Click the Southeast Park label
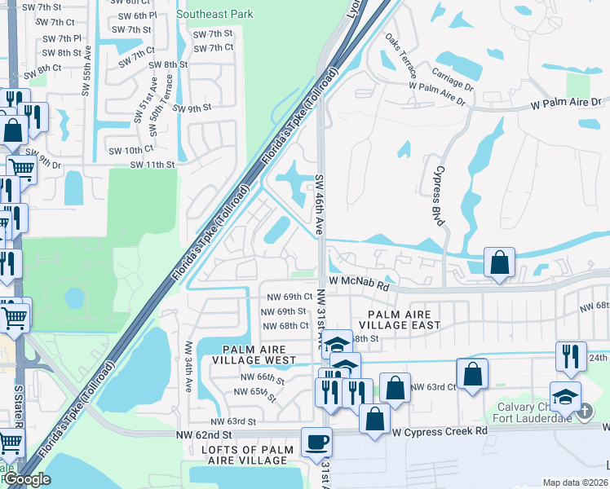(214, 14)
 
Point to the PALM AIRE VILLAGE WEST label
(254, 355)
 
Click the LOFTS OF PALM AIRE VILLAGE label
(238, 456)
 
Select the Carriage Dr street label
(453, 80)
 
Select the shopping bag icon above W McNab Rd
(499, 262)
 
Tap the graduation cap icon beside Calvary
(565, 397)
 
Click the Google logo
(27, 479)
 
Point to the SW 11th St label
(152, 165)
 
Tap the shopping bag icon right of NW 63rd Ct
(472, 374)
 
